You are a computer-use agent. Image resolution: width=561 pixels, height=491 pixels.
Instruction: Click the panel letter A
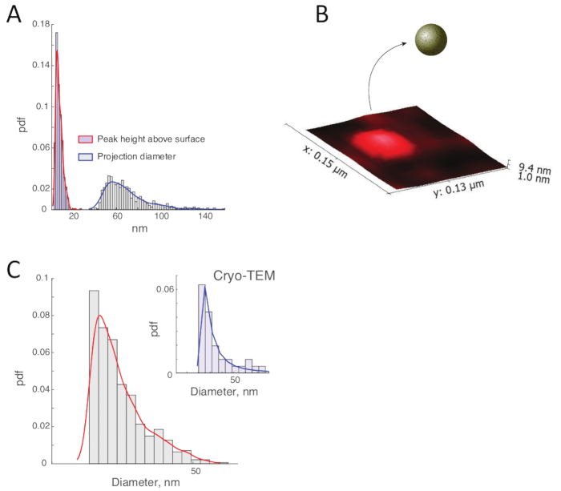(x=14, y=15)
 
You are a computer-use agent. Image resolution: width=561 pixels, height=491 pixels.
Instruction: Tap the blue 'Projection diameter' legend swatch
(x=85, y=156)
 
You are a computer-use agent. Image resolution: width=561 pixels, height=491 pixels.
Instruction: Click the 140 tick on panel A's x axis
(x=205, y=216)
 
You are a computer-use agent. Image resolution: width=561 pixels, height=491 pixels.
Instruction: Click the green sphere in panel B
(x=431, y=39)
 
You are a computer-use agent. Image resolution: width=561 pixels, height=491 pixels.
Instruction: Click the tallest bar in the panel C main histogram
(x=94, y=376)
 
